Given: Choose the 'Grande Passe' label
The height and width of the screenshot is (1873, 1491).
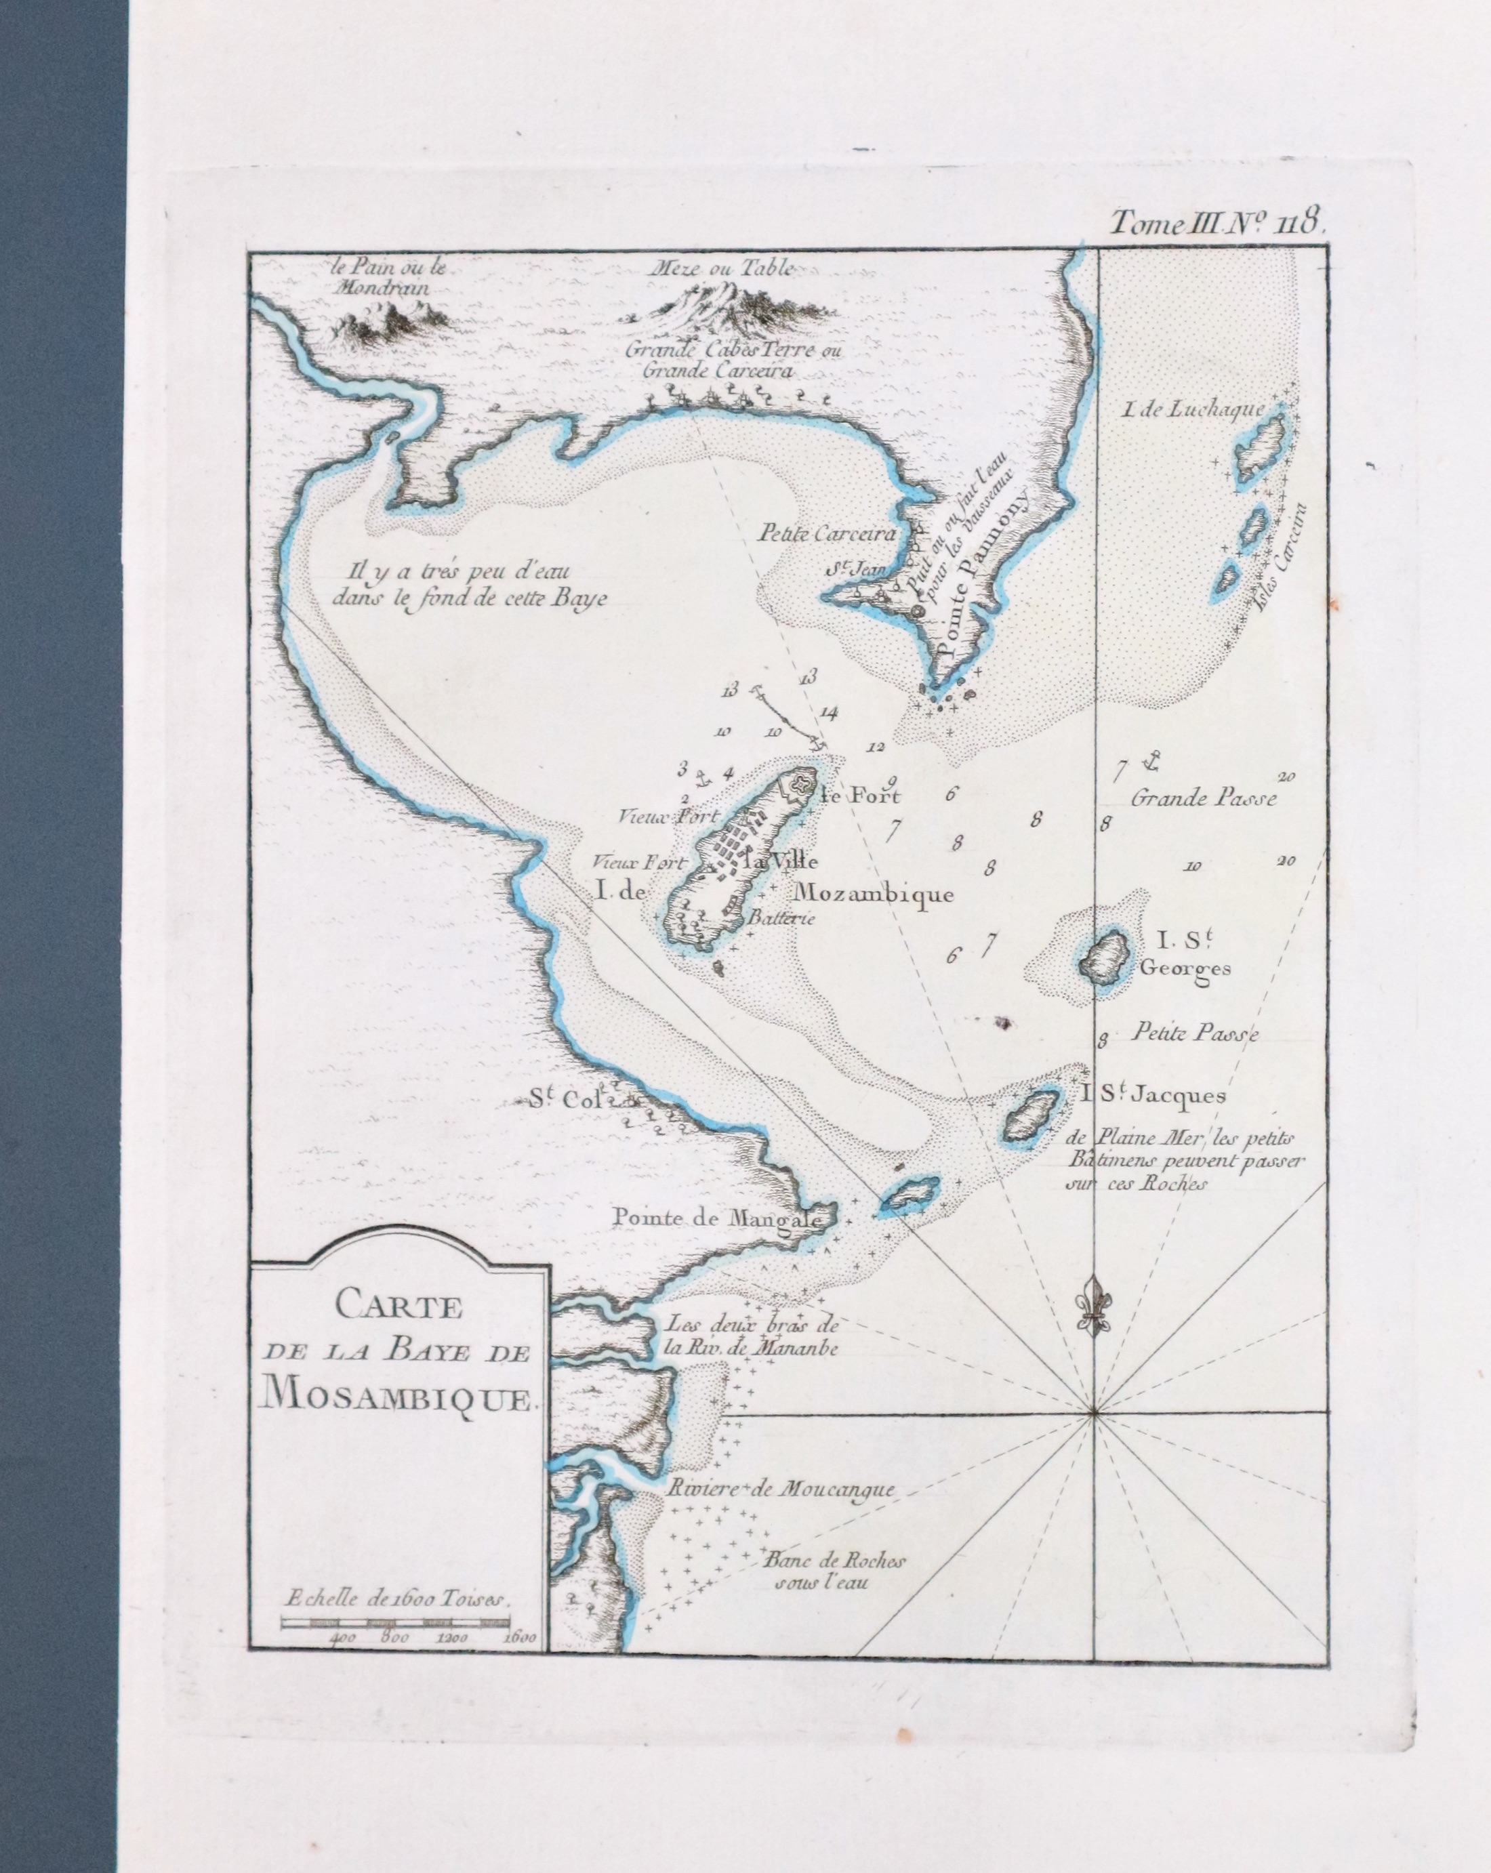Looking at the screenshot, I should (x=1204, y=797).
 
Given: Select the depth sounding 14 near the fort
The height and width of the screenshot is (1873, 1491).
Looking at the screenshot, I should (x=828, y=714).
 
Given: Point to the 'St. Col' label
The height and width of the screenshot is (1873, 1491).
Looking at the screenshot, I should (x=558, y=1100).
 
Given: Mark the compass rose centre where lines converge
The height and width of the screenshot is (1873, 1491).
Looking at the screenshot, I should (x=1094, y=1417).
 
